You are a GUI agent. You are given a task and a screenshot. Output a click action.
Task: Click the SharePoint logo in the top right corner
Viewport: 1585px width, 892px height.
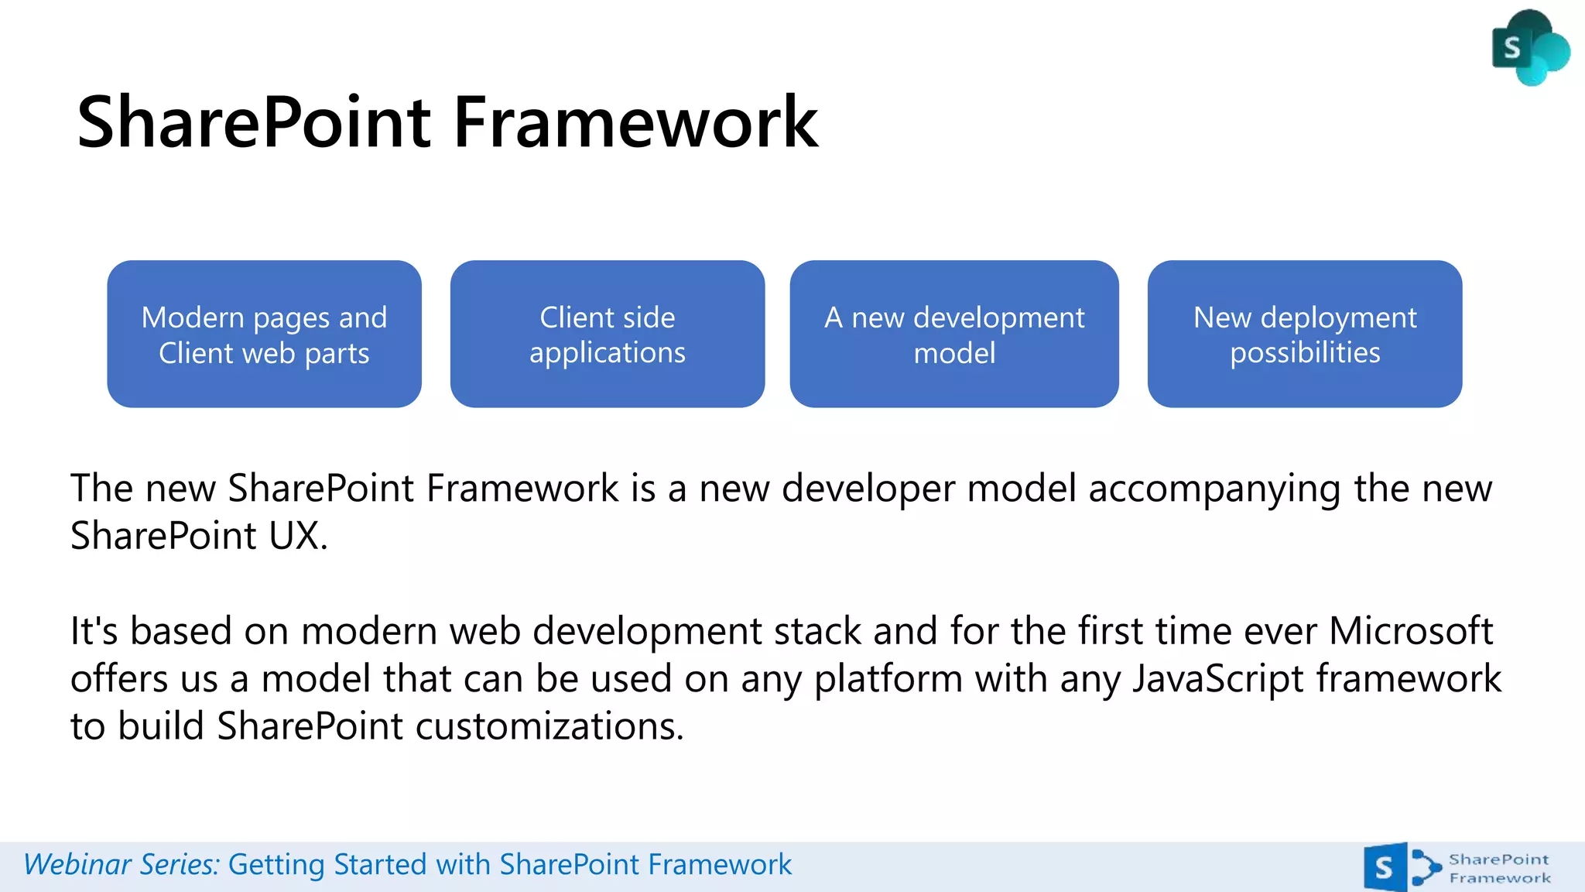coord(1529,48)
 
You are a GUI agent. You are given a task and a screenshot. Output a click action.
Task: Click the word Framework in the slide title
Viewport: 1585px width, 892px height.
coord(635,122)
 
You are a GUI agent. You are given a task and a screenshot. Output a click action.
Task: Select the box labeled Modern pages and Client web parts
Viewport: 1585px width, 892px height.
coord(264,334)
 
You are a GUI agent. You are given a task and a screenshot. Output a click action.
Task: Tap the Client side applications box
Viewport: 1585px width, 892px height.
coord(607,334)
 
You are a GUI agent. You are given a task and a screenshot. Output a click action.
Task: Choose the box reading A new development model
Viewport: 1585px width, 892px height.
coord(953,334)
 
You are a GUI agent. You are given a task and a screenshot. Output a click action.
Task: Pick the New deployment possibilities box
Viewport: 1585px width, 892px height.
coord(1304,334)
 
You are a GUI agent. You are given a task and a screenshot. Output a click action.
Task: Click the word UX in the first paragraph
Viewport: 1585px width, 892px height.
coord(296,536)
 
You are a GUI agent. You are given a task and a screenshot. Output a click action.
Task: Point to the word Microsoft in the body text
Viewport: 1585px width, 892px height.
coord(1410,631)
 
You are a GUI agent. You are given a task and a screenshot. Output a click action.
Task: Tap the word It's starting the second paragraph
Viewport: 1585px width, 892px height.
coord(94,631)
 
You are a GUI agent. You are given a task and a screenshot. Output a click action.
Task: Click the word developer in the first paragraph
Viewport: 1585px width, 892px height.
coord(868,489)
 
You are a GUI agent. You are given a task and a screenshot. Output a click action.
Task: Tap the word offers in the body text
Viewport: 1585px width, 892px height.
coord(118,679)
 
